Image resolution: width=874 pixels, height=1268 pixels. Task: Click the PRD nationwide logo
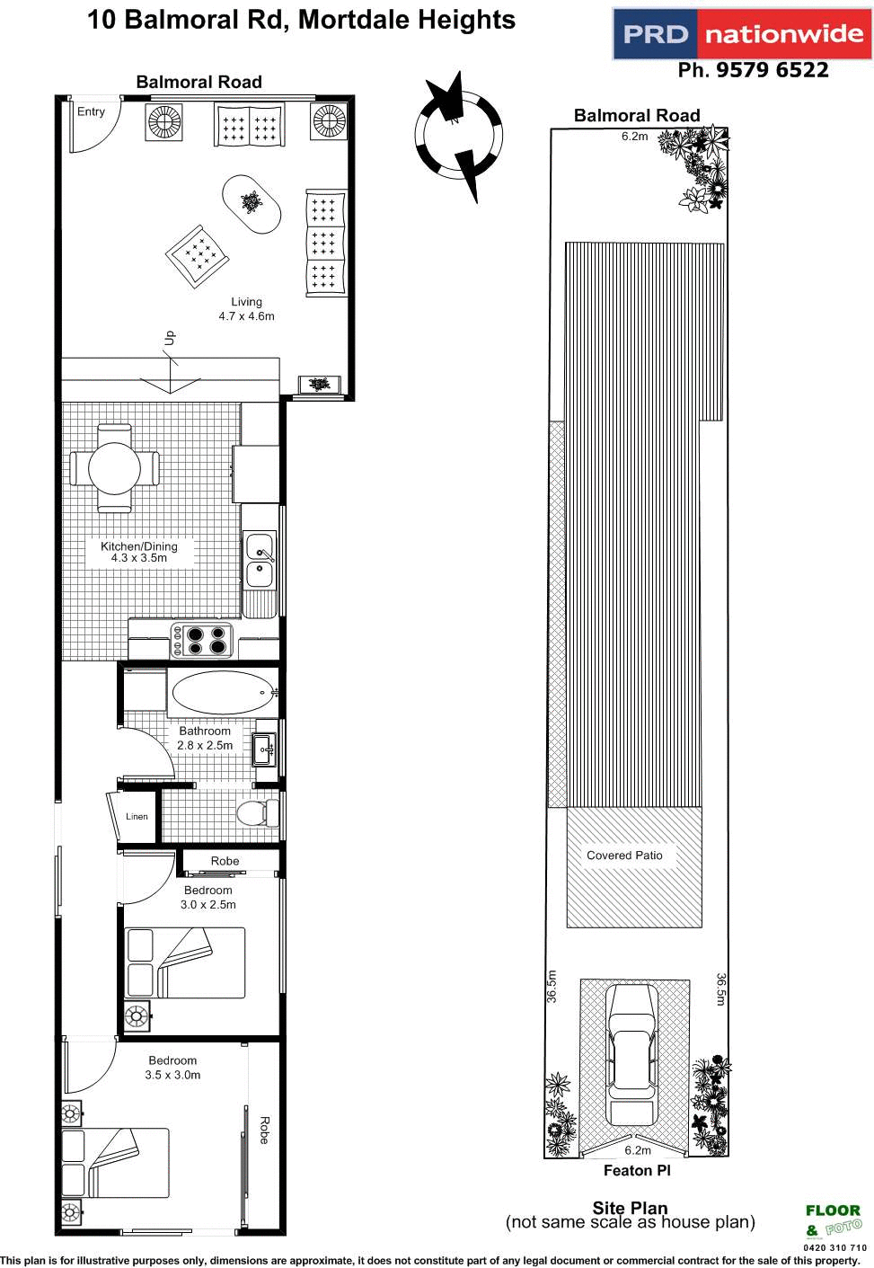click(x=742, y=34)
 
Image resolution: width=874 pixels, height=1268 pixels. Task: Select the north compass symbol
click(x=458, y=136)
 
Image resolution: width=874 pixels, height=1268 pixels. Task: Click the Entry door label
click(x=91, y=111)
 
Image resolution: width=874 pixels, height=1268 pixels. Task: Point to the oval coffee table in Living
click(x=252, y=203)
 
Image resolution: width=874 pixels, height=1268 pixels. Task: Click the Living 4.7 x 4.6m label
click(x=246, y=309)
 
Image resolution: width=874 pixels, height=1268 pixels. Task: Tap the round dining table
click(x=114, y=468)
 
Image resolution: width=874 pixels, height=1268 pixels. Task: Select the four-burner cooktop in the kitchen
click(x=203, y=641)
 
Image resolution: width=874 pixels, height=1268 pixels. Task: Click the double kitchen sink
click(x=260, y=560)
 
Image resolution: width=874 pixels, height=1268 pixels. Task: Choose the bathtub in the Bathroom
click(x=222, y=693)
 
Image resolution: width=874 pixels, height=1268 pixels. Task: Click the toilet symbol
click(x=257, y=812)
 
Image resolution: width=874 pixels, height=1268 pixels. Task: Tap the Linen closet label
click(x=137, y=817)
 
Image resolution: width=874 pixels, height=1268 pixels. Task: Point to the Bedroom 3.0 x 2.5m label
click(x=208, y=898)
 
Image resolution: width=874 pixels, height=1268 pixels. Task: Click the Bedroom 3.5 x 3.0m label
click(x=172, y=1068)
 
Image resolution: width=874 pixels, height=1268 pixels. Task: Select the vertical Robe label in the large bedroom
click(x=264, y=1130)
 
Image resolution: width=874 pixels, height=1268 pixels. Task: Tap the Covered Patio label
click(x=624, y=856)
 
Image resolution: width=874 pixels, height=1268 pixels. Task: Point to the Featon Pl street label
click(x=637, y=1170)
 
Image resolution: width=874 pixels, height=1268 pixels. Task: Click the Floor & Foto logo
click(x=833, y=1221)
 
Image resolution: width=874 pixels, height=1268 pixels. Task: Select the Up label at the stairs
click(x=170, y=338)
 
